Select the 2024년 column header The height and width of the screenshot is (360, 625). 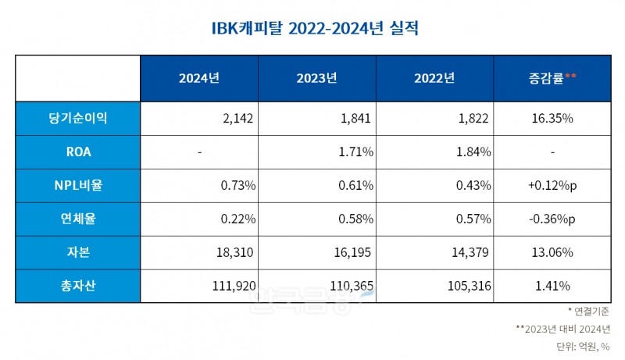tap(199, 78)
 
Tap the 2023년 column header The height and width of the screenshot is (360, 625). tap(316, 78)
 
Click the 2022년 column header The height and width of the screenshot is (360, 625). tap(434, 78)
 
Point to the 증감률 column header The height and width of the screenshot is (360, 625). tap(552, 78)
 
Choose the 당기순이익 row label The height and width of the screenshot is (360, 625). tap(77, 118)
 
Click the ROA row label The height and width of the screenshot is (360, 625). tap(77, 151)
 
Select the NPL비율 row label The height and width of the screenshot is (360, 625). tap(77, 185)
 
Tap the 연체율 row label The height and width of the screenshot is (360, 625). tap(77, 219)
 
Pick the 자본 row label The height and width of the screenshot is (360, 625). tap(77, 252)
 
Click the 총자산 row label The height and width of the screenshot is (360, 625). tap(77, 286)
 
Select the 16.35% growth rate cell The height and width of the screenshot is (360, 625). tap(552, 118)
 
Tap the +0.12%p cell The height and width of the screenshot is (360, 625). tap(552, 185)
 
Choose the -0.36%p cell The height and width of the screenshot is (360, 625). tap(552, 219)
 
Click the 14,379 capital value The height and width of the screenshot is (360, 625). tap(469, 252)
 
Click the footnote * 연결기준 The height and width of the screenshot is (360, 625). tap(588, 312)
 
